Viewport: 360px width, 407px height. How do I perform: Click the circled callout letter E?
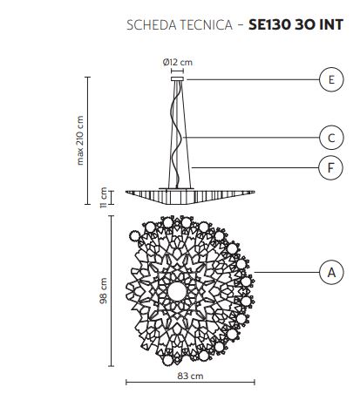coord(331,79)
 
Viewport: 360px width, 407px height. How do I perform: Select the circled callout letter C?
coord(331,138)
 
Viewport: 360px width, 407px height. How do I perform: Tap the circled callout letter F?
coord(330,167)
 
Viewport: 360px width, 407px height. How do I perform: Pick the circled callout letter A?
coord(331,273)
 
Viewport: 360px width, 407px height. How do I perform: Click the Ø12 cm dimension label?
coord(178,62)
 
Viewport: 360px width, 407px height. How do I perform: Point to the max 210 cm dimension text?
coord(80,140)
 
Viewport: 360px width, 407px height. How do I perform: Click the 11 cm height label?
coord(104,198)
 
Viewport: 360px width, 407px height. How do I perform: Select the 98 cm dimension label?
coord(104,291)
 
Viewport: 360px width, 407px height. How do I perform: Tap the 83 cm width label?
coord(190,376)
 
